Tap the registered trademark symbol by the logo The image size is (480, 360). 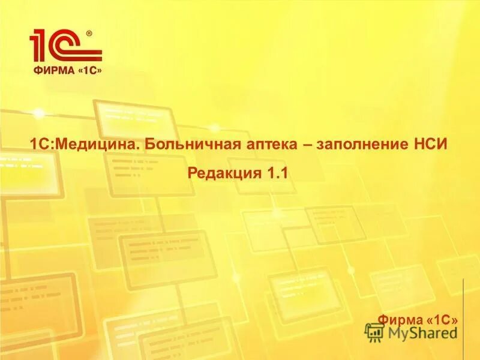coord(89,34)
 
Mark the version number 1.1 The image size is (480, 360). coord(278,173)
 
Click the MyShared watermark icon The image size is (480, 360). coord(374,332)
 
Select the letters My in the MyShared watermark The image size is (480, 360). coord(398,332)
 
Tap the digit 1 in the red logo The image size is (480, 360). coord(40,46)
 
